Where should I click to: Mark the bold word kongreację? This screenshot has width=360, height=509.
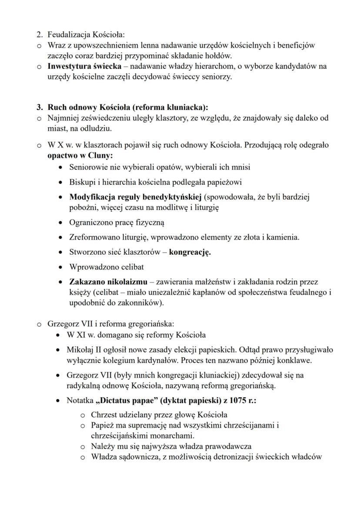pos(190,252)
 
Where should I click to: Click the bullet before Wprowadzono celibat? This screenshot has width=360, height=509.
pos(61,267)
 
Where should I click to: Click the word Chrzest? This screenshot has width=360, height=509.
pos(103,415)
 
